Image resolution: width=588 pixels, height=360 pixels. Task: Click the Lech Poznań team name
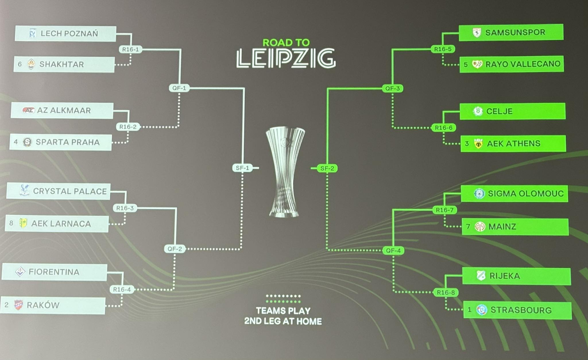[x=69, y=33]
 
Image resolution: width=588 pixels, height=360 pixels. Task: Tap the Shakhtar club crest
[x=31, y=64]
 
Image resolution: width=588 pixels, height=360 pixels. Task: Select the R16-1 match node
[x=131, y=49]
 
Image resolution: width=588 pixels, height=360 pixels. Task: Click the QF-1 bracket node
[x=179, y=88]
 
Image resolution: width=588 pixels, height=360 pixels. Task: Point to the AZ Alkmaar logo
[x=29, y=110]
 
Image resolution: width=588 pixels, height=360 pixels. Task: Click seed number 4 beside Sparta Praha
[x=16, y=142]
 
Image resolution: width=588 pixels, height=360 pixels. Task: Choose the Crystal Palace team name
[x=70, y=191]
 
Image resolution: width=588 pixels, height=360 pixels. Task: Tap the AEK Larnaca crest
[x=23, y=223]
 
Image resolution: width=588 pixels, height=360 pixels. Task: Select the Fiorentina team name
[x=54, y=272]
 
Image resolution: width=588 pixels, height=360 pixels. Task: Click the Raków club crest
[x=18, y=305]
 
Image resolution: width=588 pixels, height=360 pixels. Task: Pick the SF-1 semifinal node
[x=243, y=168]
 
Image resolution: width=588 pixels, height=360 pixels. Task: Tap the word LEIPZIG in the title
[x=286, y=59]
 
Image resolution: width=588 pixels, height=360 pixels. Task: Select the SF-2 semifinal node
[x=327, y=168]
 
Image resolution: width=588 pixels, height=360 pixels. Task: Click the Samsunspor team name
[x=515, y=32]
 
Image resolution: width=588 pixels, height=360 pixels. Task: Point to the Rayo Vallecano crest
[x=477, y=64]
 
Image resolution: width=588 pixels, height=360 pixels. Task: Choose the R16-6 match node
[x=444, y=127]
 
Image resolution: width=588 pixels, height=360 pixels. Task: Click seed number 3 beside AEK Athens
[x=467, y=144]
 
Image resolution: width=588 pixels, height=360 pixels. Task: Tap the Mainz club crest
[x=480, y=227]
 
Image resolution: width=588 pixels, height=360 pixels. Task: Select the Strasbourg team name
[x=521, y=310]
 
